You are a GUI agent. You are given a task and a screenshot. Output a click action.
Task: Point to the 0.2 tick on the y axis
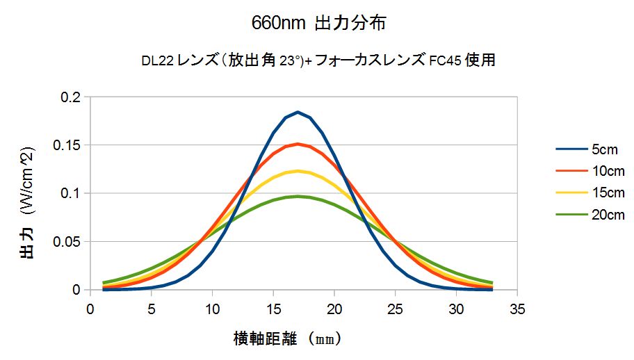pyautogui.click(x=70, y=97)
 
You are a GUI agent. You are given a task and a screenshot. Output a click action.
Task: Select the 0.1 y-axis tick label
pyautogui.click(x=70, y=193)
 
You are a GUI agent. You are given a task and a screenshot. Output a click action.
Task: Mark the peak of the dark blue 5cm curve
pyautogui.click(x=298, y=112)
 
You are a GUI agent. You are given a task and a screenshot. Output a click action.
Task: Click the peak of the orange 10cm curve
pyautogui.click(x=298, y=144)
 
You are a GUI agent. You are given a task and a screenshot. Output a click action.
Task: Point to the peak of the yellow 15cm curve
pyautogui.click(x=298, y=171)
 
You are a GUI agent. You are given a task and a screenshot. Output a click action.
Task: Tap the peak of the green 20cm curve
pyautogui.click(x=298, y=196)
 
